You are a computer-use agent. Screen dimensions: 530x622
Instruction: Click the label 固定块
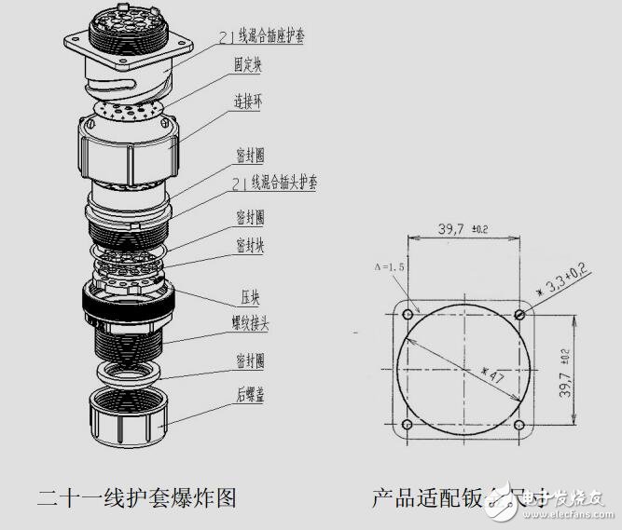pyautogui.click(x=248, y=66)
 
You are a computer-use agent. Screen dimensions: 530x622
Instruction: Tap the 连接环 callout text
pyautogui.click(x=248, y=104)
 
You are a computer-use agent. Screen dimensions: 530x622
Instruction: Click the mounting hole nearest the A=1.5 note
pyautogui.click(x=408, y=314)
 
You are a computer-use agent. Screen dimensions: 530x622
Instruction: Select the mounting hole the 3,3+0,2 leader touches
pyautogui.click(x=519, y=314)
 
